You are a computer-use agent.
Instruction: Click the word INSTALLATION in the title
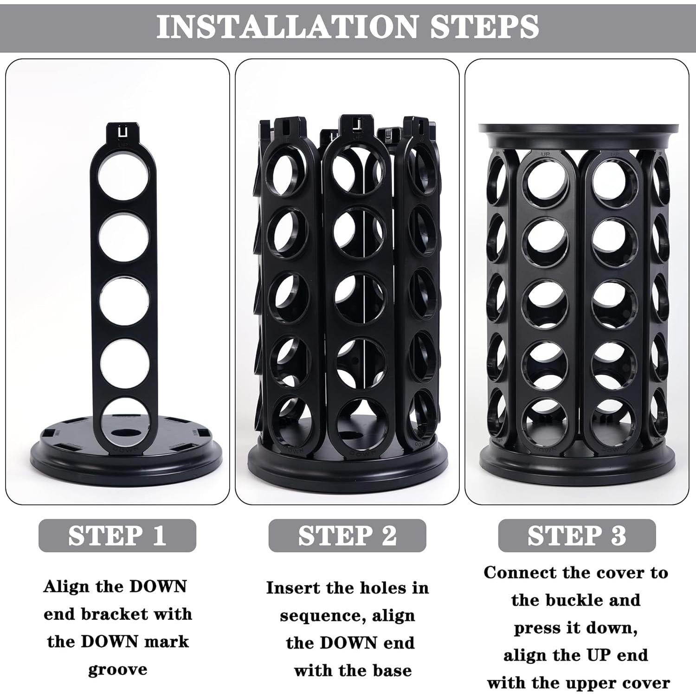[288, 27]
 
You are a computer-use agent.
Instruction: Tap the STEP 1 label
[117, 535]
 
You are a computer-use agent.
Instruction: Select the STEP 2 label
[347, 535]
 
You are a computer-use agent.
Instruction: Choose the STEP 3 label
[577, 535]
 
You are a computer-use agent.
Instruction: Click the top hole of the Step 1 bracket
[124, 176]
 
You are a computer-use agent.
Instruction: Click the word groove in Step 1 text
[117, 669]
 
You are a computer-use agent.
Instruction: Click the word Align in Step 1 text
[66, 586]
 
